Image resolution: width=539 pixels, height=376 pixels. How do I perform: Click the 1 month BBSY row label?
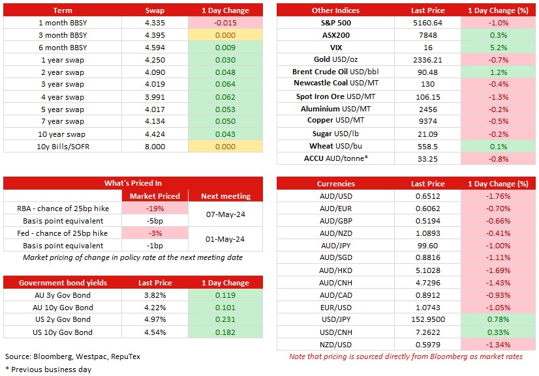pos(63,23)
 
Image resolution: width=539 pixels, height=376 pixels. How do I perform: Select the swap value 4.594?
pos(155,48)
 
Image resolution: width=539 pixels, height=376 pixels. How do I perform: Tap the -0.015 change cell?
pos(225,23)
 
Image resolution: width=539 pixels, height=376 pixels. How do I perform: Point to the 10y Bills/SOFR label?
pos(63,147)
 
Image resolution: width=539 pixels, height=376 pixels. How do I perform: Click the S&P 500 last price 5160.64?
pos(427,23)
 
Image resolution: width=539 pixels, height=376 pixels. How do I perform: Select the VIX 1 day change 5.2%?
pos(499,48)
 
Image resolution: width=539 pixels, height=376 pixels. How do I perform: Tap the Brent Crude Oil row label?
pos(335,72)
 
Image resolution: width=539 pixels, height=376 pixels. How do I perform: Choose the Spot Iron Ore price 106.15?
pos(427,97)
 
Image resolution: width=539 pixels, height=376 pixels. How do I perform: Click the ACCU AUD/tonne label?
pos(336,158)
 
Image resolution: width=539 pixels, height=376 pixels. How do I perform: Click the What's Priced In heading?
pos(133,183)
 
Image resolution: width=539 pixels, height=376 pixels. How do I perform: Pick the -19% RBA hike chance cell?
pos(155,209)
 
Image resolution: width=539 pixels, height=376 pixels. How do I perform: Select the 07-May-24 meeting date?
pos(226,214)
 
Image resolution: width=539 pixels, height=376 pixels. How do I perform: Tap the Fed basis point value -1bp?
pos(155,246)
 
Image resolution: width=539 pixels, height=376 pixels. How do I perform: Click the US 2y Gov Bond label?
pos(63,319)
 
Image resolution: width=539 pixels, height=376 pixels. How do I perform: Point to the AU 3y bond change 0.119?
pos(225,295)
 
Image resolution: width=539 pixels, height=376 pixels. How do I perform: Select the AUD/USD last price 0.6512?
pos(427,196)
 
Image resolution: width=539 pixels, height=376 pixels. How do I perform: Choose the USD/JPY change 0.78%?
pos(499,319)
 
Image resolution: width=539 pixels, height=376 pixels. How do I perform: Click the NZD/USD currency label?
pos(335,345)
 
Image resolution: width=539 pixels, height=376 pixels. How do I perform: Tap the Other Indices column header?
pos(335,10)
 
